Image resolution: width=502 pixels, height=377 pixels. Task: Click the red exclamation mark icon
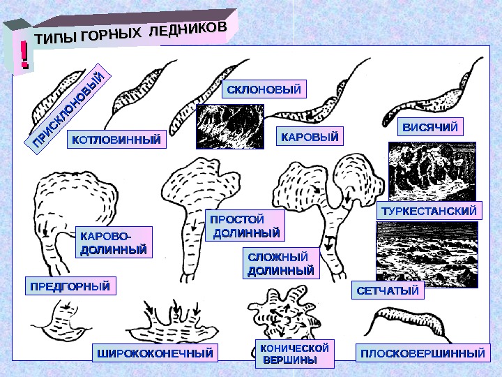pos(24,54)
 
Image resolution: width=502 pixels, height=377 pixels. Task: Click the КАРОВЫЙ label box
pos(310,136)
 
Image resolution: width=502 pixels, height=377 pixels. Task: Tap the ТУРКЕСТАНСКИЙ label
pos(430,211)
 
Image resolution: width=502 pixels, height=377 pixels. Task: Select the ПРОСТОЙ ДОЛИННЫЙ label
pos(245,226)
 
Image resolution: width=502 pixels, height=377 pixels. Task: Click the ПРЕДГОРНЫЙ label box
pos(70,286)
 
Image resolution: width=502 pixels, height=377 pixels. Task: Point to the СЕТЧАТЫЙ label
pos(388,290)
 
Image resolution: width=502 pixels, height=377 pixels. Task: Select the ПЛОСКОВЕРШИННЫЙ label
pos(422,353)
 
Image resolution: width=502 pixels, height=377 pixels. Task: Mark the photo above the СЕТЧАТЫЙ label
pos(426,251)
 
